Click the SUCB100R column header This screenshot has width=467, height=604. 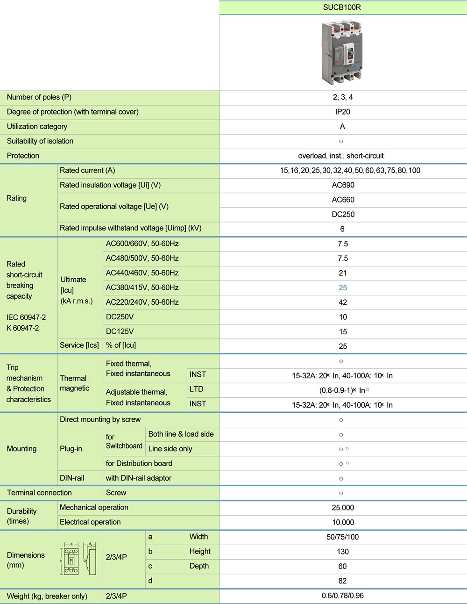click(342, 7)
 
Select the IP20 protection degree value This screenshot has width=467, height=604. click(342, 112)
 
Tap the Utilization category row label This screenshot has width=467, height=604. click(37, 126)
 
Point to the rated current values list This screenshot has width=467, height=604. click(350, 171)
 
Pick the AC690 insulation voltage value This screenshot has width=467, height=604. click(343, 185)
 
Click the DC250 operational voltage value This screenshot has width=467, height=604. click(343, 215)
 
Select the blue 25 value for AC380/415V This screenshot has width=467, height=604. click(343, 288)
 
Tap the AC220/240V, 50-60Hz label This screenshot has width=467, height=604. click(142, 302)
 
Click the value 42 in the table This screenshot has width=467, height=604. click(343, 302)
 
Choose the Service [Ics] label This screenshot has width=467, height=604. click(79, 345)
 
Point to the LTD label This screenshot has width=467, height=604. click(197, 389)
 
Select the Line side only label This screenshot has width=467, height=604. click(170, 449)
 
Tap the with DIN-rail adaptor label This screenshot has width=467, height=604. click(139, 478)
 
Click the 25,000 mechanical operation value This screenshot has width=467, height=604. click(343, 508)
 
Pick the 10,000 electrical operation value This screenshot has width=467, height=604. click(343, 522)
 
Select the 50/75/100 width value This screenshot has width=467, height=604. click(343, 537)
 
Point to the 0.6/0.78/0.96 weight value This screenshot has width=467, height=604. click(343, 596)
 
